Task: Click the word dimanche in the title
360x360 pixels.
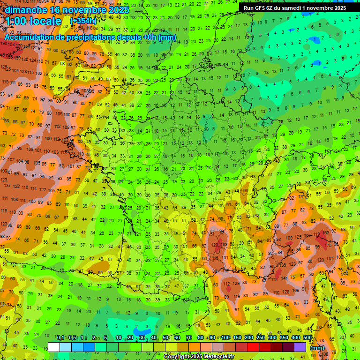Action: point(25,9)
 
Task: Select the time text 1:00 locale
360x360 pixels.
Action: point(34,21)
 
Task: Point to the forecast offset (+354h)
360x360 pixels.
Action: point(85,21)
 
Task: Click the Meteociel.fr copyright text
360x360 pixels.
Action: point(199,357)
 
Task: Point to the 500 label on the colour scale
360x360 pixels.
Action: point(307,338)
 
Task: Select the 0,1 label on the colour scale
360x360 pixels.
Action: point(60,338)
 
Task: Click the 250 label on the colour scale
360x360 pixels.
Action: point(261,338)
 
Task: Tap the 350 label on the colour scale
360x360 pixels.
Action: point(284,338)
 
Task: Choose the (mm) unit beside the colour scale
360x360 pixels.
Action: point(317,348)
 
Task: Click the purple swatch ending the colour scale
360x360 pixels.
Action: point(300,347)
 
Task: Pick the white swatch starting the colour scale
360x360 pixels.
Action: point(54,347)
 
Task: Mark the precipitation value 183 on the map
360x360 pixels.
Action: point(224,245)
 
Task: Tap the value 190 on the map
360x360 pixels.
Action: point(4,43)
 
